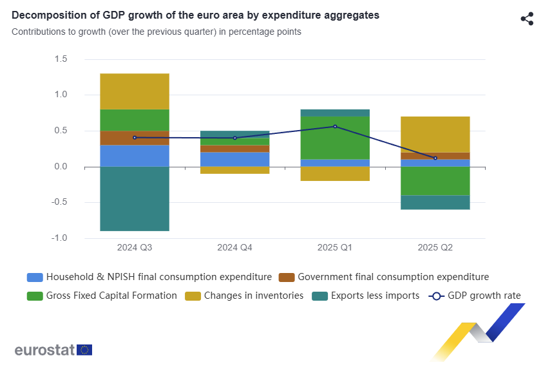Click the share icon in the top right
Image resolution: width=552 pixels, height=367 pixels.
[x=527, y=19]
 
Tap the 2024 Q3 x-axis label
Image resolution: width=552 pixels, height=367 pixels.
[x=135, y=247]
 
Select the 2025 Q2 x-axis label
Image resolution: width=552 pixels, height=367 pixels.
[x=435, y=247]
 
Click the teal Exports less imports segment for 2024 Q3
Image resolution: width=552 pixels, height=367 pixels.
[x=135, y=198]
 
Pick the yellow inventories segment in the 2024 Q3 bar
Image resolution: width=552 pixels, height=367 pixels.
[x=135, y=91]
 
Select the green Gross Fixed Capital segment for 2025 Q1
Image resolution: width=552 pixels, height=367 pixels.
[x=335, y=138]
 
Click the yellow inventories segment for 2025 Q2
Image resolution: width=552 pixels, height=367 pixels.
[x=435, y=134]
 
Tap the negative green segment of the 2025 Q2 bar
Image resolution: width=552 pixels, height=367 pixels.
[x=435, y=181]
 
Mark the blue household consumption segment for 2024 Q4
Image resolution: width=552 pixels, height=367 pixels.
[x=234, y=159]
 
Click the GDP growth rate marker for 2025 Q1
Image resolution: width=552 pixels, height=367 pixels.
[x=335, y=126]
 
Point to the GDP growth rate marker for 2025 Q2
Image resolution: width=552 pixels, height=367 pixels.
[x=435, y=158]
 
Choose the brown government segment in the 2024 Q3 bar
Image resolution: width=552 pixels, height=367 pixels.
[x=135, y=138]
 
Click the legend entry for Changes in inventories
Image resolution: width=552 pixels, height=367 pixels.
[x=244, y=296]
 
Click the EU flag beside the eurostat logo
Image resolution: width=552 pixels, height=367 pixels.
[x=84, y=350]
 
